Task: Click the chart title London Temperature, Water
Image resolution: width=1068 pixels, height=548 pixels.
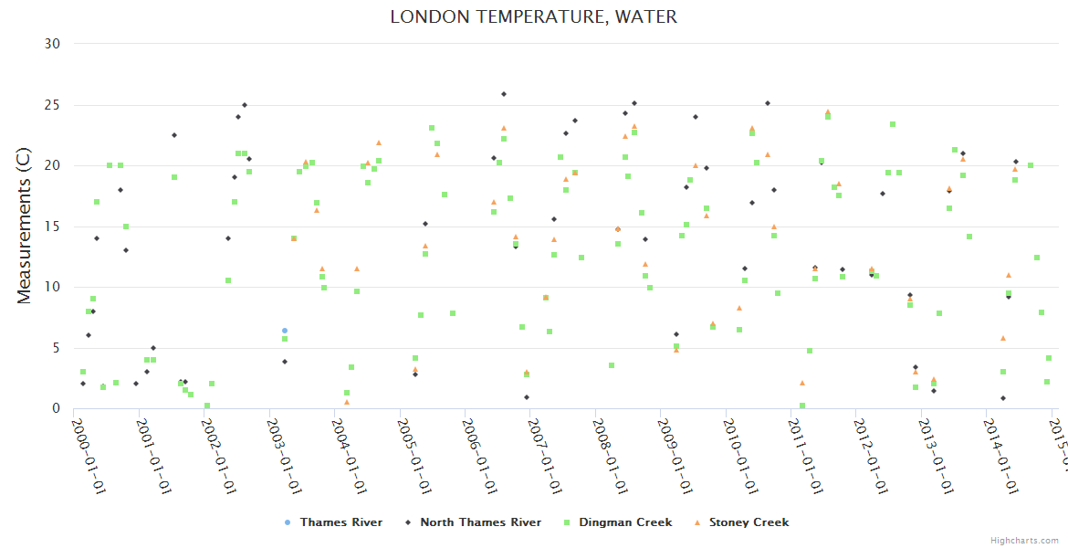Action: tap(533, 17)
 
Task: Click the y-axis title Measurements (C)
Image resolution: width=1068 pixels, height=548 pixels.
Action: tap(25, 227)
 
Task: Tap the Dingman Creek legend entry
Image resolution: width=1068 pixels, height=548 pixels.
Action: tap(623, 522)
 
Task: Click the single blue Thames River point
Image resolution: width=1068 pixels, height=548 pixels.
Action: tap(285, 331)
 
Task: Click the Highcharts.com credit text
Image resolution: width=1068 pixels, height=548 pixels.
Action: tap(1024, 541)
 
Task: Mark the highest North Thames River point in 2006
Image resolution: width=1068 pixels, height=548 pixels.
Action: tap(504, 94)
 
